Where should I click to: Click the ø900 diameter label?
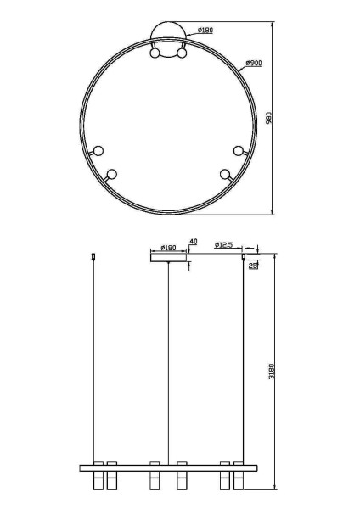click(252, 64)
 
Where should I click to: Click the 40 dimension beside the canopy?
click(193, 243)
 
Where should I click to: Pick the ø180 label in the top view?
click(204, 31)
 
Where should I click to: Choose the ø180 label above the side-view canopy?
click(167, 248)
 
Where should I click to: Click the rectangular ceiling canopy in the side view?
click(168, 258)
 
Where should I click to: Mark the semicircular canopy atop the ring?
click(168, 37)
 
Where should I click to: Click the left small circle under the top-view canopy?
click(155, 53)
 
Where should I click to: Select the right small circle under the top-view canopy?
click(181, 53)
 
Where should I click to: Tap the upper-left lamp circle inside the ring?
click(98, 150)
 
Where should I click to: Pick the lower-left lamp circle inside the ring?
click(111, 175)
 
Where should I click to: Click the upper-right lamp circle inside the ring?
click(238, 150)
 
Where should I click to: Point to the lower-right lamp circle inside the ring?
click(225, 175)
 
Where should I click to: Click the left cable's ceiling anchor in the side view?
click(93, 255)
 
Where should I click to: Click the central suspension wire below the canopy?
click(168, 365)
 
